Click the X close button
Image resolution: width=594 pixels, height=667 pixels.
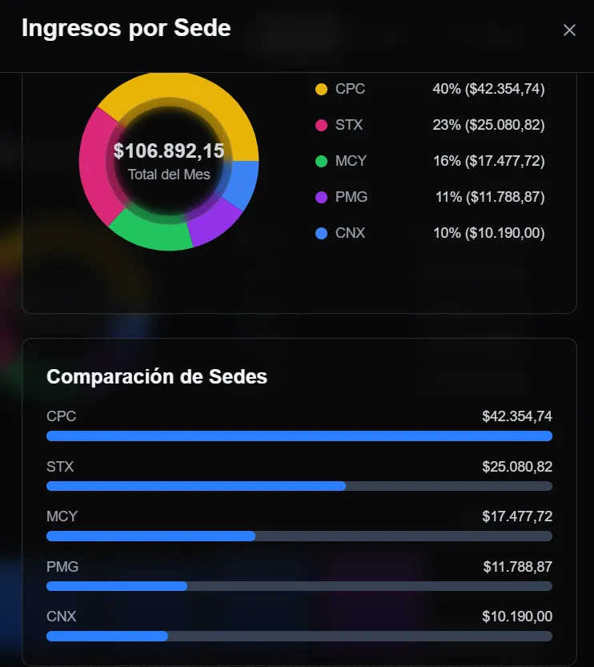(569, 30)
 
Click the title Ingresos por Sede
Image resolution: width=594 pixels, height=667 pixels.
(126, 29)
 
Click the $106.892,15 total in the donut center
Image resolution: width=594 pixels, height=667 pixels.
(169, 151)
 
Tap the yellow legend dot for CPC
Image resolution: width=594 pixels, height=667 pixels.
(322, 89)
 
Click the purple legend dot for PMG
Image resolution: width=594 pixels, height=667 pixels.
(322, 197)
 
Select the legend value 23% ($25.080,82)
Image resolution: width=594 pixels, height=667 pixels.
(488, 125)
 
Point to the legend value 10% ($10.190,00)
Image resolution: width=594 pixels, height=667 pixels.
(488, 233)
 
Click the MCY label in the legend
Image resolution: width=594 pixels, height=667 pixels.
(351, 161)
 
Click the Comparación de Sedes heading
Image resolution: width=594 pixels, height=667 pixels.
(157, 377)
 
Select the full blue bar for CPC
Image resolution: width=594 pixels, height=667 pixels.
(299, 436)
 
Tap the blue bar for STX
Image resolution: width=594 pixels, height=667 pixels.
(196, 486)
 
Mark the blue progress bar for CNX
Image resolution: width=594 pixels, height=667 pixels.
(107, 637)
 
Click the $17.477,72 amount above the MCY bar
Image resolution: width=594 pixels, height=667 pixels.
(516, 516)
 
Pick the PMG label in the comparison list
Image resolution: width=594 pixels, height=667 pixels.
(62, 567)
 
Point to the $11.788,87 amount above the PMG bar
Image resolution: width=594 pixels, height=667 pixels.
(517, 567)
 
